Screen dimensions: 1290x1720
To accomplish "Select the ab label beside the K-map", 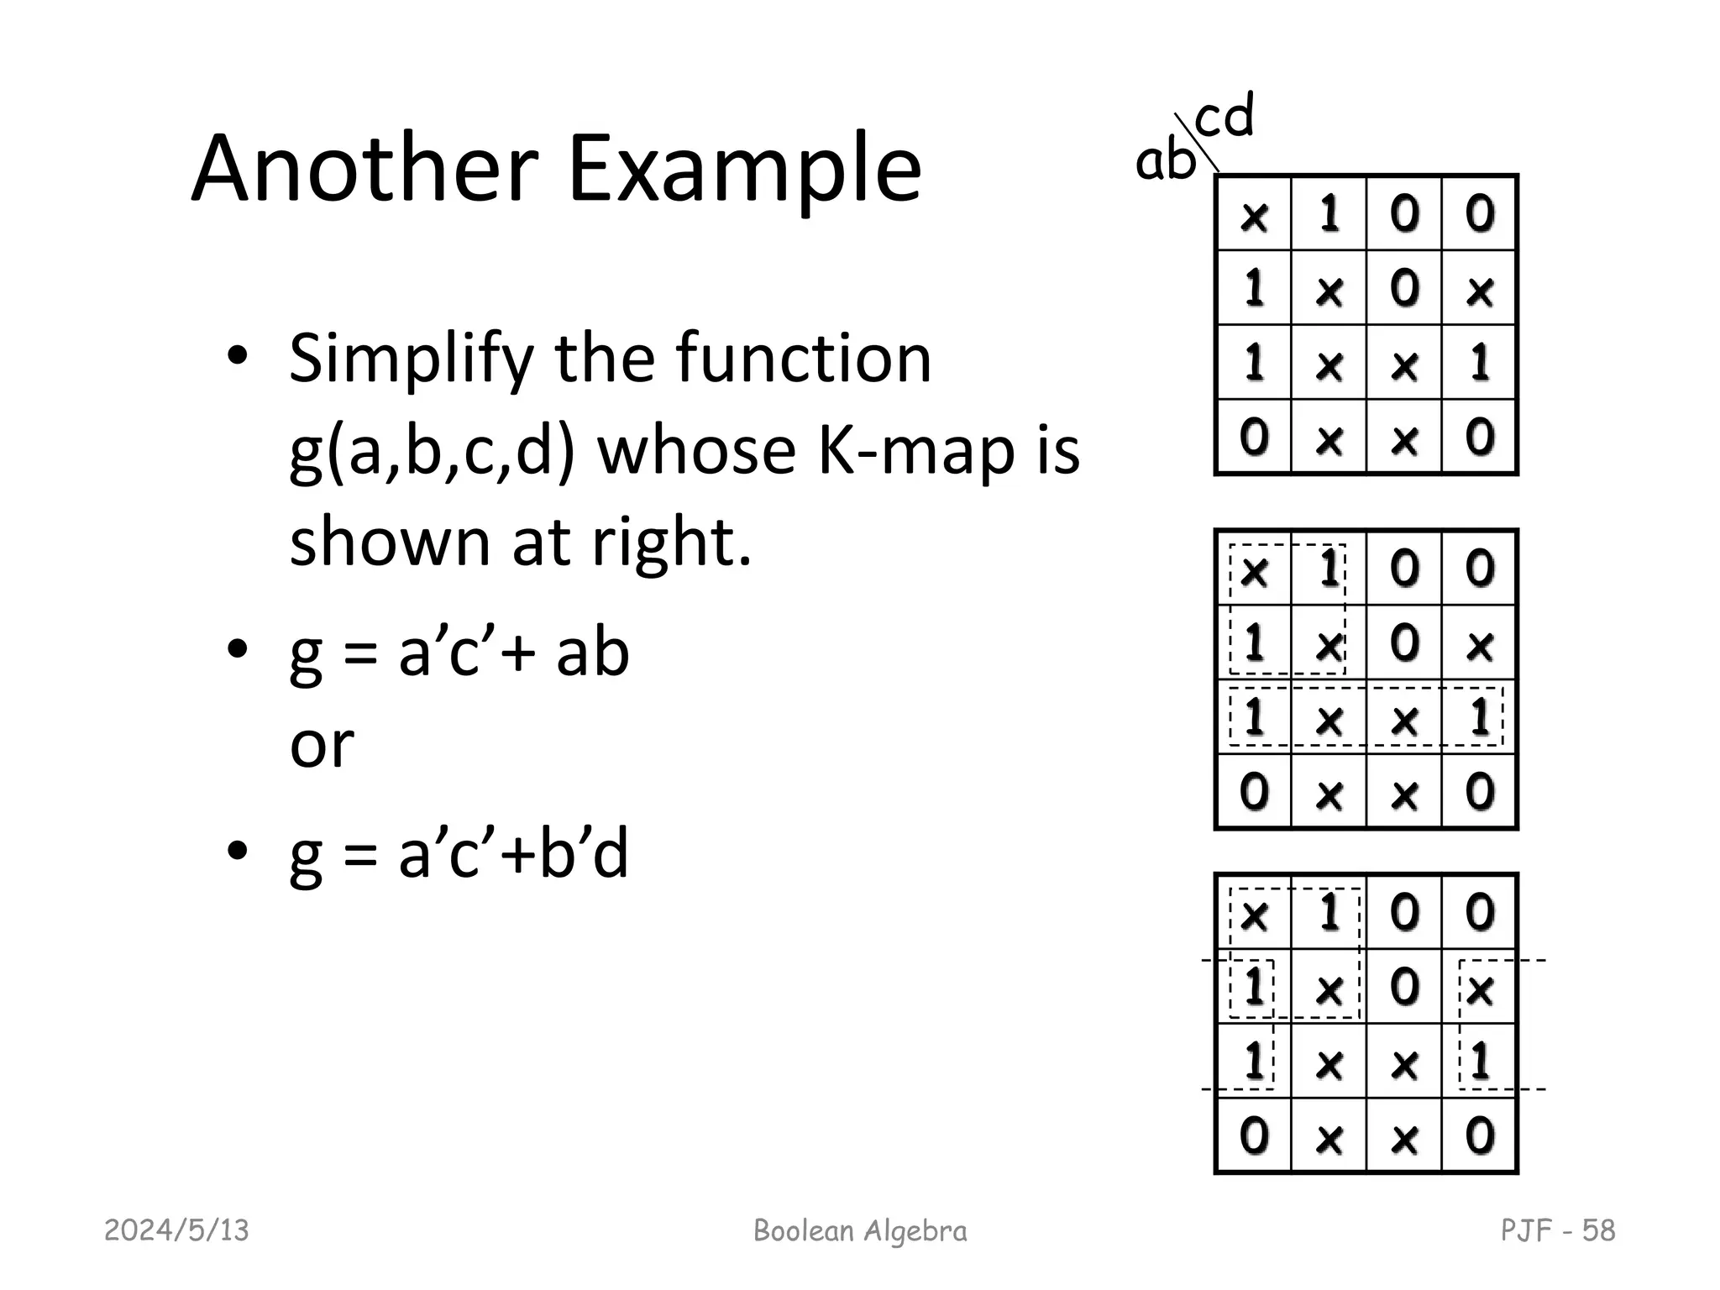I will [x=1164, y=160].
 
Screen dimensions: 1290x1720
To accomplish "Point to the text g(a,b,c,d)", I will [x=432, y=450].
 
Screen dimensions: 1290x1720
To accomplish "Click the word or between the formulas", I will [x=322, y=744].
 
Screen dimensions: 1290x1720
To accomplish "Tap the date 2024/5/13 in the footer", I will [x=176, y=1230].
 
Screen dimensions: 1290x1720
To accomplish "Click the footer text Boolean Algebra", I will [x=860, y=1230].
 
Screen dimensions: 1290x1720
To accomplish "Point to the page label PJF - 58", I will [x=1557, y=1230].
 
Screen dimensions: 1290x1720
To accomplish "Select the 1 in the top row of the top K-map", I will [x=1329, y=213].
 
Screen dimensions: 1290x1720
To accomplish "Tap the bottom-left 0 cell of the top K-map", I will [x=1254, y=438].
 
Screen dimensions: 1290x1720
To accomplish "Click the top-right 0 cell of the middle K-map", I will [x=1480, y=569].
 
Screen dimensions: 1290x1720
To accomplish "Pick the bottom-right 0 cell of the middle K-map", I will [x=1480, y=792].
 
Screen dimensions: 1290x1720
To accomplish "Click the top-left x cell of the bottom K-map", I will [x=1254, y=914].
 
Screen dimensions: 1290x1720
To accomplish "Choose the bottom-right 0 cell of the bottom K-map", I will [x=1480, y=1136].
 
